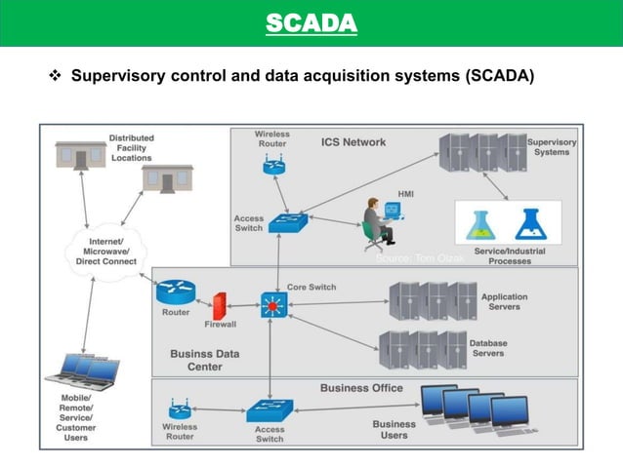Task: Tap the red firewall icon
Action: tap(220, 306)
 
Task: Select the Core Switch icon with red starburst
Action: tap(272, 305)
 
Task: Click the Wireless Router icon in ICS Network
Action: tap(272, 166)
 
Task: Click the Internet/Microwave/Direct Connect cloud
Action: tap(105, 249)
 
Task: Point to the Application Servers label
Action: tap(504, 302)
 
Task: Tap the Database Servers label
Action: tap(487, 348)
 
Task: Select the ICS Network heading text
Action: tap(353, 142)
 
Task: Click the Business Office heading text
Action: tap(361, 388)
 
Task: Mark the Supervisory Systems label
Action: tap(552, 147)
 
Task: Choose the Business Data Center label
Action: tap(204, 360)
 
